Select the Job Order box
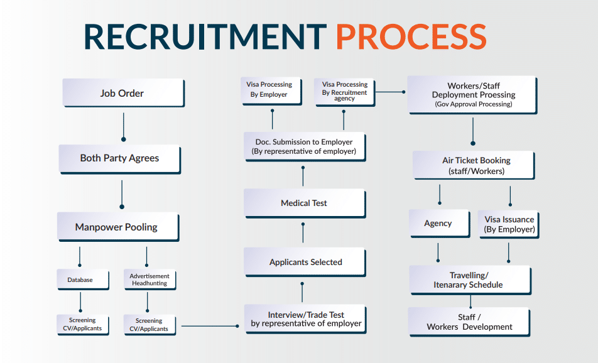[122, 93]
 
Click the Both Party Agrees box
[119, 158]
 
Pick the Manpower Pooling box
[117, 227]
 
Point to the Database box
[80, 279]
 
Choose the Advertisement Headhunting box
[149, 279]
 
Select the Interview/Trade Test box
[306, 319]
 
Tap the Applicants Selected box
[305, 262]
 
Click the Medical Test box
[304, 203]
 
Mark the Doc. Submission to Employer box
[304, 146]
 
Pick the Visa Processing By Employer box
[269, 89]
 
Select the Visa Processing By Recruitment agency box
[344, 91]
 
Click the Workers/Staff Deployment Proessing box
[473, 95]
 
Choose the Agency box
[438, 224]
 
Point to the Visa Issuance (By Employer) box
[509, 224]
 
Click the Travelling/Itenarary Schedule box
[469, 280]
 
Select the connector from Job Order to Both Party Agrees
[123, 126]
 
